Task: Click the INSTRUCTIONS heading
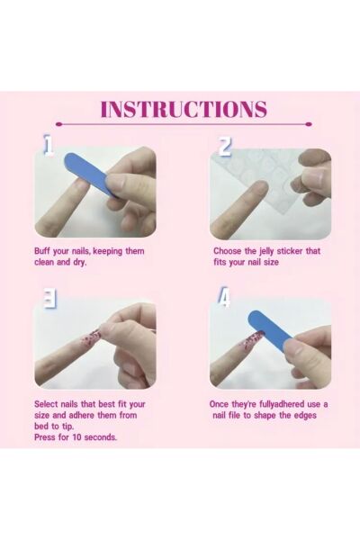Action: (184, 109)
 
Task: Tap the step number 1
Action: (49, 145)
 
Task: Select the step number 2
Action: (225, 147)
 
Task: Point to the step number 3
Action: (49, 299)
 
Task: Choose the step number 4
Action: (224, 298)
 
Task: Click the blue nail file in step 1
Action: (91, 175)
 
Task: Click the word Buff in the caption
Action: (42, 251)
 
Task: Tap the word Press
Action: (45, 437)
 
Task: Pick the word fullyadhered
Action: (282, 404)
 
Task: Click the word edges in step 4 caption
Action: (305, 415)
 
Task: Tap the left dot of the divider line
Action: (58, 124)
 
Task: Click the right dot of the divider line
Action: (309, 124)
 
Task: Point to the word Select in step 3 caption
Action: (46, 404)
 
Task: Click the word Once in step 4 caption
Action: (219, 404)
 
